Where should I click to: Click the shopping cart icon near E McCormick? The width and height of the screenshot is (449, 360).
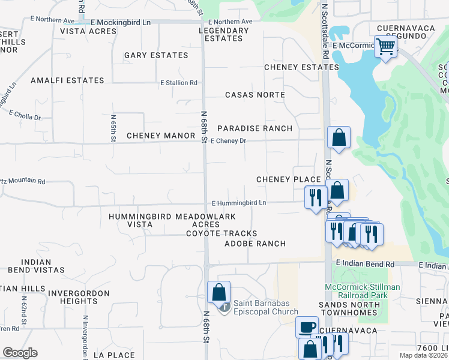tap(385, 46)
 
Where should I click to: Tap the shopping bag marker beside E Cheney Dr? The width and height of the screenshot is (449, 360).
tap(339, 137)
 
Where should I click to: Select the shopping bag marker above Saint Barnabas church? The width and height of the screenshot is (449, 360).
tap(219, 292)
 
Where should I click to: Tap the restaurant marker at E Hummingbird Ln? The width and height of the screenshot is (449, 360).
tap(316, 197)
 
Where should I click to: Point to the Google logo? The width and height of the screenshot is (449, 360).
tap(20, 353)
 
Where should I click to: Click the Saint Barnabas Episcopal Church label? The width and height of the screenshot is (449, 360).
tap(265, 307)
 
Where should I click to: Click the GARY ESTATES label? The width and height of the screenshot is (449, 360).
tap(156, 55)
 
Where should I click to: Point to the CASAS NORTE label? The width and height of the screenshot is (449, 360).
tap(255, 95)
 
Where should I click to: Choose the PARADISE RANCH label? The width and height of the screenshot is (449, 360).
tap(255, 128)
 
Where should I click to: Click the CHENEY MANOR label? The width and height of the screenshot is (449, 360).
tap(161, 136)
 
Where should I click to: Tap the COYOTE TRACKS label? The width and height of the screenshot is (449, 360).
tap(221, 233)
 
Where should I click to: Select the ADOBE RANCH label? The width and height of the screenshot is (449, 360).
tap(255, 244)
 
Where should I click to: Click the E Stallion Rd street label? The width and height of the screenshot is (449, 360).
tap(178, 83)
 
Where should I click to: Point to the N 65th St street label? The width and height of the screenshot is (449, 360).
tap(113, 128)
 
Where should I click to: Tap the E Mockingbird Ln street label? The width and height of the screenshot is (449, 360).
tap(120, 22)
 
